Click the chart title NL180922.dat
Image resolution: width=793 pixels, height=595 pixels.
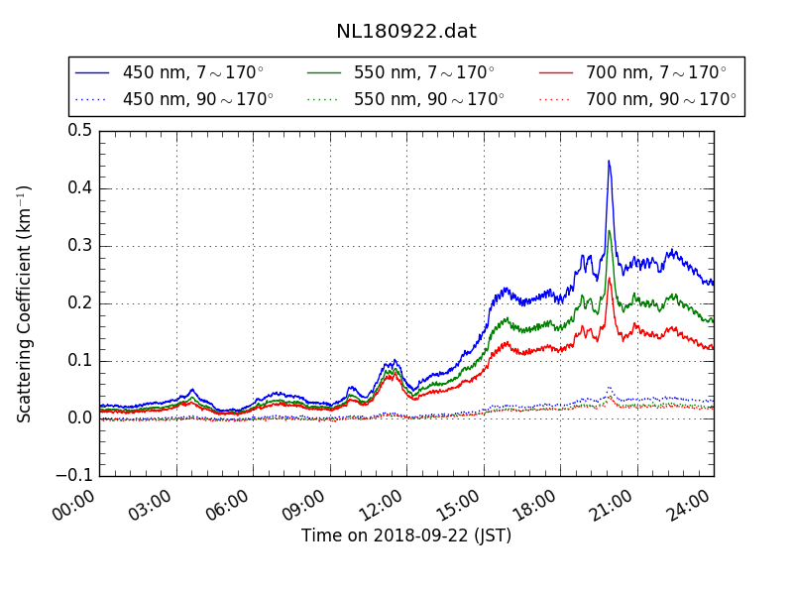click(x=405, y=32)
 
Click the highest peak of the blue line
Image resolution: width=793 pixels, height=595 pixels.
click(x=609, y=161)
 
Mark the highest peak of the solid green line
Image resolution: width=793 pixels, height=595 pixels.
click(x=609, y=231)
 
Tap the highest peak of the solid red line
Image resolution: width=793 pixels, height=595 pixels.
click(x=609, y=278)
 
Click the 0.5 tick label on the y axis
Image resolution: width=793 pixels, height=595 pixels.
click(x=80, y=131)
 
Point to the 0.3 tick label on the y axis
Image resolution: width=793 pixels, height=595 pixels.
click(x=80, y=246)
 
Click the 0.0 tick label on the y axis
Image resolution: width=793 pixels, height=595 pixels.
click(x=80, y=418)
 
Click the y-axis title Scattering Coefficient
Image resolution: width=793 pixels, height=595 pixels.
click(x=25, y=303)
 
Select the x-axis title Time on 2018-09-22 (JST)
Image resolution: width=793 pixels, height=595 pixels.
click(x=406, y=535)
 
